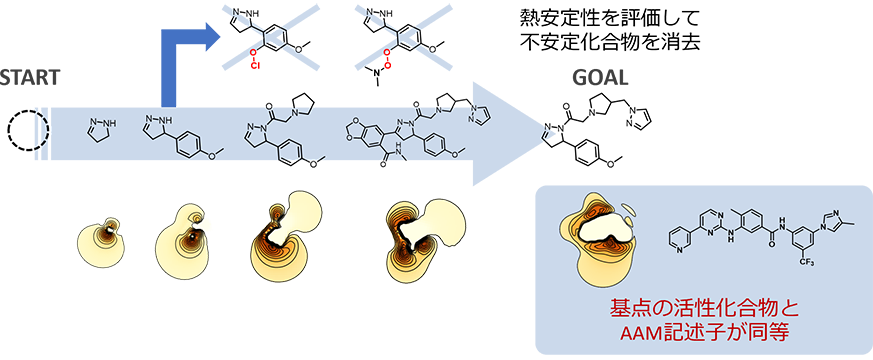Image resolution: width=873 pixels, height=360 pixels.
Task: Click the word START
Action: (x=30, y=78)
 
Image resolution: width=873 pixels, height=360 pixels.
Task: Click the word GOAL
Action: (x=601, y=78)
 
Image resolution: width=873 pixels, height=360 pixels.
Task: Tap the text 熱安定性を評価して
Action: (x=607, y=19)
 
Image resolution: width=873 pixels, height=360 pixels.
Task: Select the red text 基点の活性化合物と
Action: (x=704, y=308)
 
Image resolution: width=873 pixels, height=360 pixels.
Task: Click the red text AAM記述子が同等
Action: (x=704, y=332)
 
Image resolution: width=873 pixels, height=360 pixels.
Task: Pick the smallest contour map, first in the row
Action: (x=101, y=239)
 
